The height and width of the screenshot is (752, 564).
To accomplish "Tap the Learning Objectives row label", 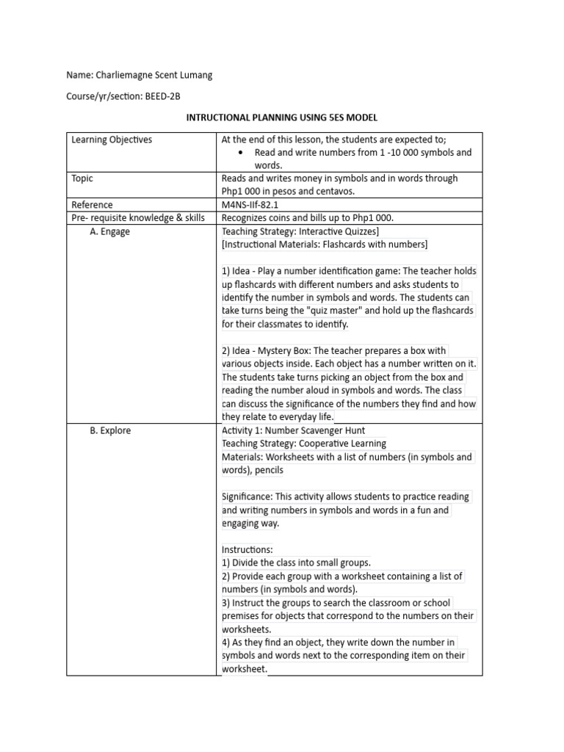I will coord(112,140).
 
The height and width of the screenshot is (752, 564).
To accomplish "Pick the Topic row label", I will coord(82,178).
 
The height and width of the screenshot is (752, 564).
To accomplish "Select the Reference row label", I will coord(92,205).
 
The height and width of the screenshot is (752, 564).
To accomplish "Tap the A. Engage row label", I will coord(110,231).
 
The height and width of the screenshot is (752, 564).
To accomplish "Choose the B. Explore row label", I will coord(110,430).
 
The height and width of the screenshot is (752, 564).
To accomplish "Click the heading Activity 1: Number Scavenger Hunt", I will coord(293,430).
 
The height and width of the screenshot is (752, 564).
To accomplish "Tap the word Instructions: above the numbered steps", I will coord(247,549).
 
